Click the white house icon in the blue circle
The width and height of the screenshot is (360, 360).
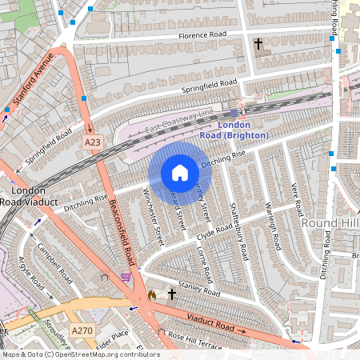(180, 173)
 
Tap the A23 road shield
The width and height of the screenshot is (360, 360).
(94, 142)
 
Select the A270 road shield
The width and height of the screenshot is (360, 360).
(82, 330)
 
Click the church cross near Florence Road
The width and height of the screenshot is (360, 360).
(258, 44)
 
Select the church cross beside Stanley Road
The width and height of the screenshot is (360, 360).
(171, 295)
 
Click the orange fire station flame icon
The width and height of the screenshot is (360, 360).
(152, 295)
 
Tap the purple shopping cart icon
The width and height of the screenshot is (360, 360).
(126, 277)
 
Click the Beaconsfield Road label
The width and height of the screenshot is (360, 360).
(120, 232)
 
